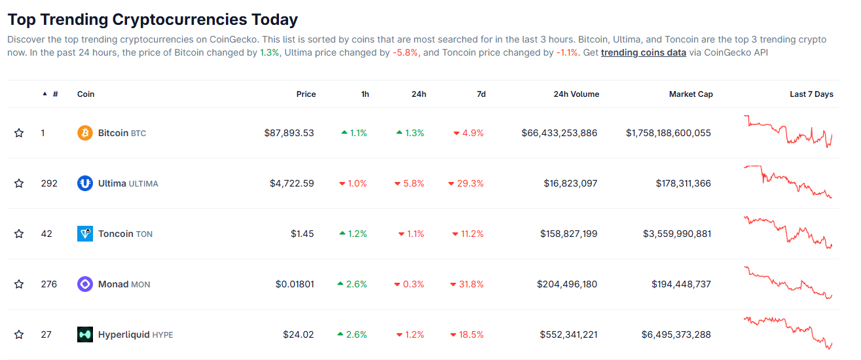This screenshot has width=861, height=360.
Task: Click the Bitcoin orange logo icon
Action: pyautogui.click(x=85, y=133)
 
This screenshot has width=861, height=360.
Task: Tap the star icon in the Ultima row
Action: pyautogui.click(x=19, y=183)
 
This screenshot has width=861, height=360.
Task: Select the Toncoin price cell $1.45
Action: pyautogui.click(x=302, y=234)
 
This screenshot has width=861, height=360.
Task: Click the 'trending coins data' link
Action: pyautogui.click(x=643, y=52)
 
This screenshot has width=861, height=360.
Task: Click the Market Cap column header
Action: pyautogui.click(x=690, y=94)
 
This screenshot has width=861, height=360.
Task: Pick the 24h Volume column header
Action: pyautogui.click(x=576, y=94)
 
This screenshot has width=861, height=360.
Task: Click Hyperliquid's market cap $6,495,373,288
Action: pyautogui.click(x=676, y=334)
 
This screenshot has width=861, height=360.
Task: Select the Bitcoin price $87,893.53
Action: pyautogui.click(x=289, y=133)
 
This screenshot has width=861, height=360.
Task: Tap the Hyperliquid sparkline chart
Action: pyautogui.click(x=788, y=333)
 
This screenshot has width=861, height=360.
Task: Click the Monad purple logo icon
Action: pyautogui.click(x=85, y=284)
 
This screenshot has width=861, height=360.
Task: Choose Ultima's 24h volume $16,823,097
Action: pyautogui.click(x=570, y=183)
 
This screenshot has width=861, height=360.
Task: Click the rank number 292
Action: pyautogui.click(x=49, y=183)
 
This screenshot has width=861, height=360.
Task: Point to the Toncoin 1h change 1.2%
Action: pyautogui.click(x=354, y=234)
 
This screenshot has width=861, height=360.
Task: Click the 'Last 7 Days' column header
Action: pyautogui.click(x=811, y=94)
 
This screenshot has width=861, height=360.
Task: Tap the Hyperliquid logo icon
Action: pyautogui.click(x=85, y=334)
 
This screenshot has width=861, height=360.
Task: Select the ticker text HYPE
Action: pyautogui.click(x=162, y=335)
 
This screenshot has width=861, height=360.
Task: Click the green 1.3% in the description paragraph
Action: pyautogui.click(x=269, y=52)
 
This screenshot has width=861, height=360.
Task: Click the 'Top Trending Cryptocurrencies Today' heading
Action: pyautogui.click(x=153, y=20)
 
